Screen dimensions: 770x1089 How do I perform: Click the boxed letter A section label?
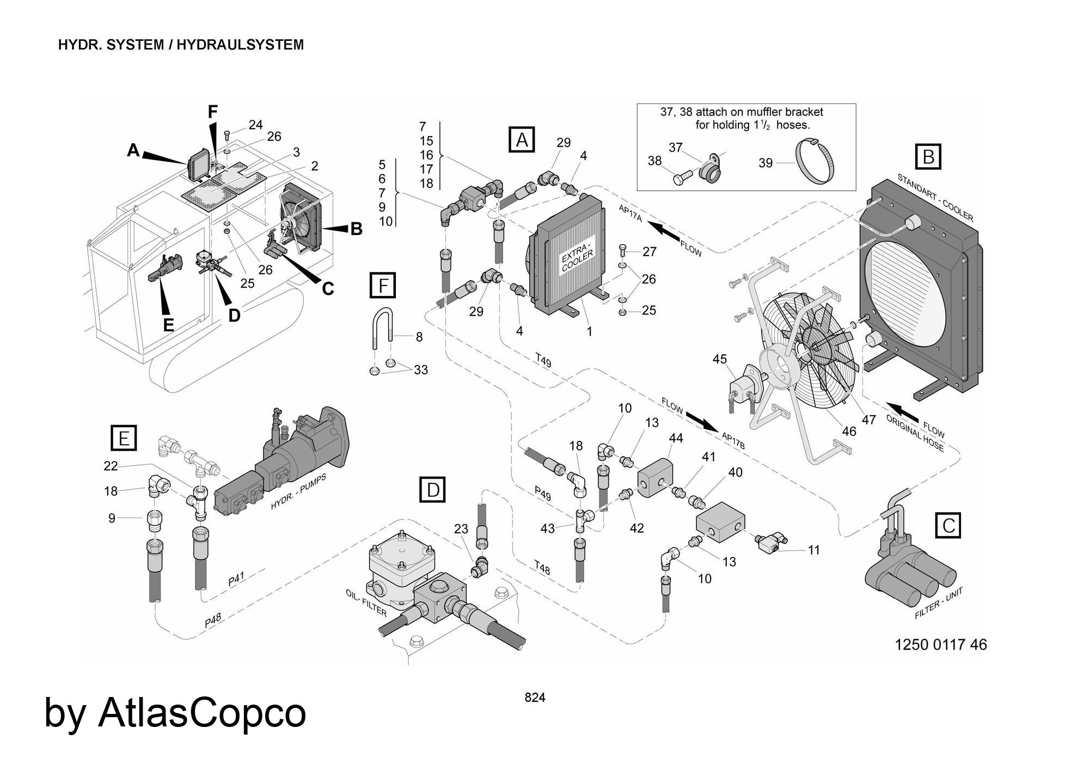[522, 140]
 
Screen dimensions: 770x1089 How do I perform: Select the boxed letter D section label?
[432, 490]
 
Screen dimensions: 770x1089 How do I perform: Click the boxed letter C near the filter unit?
[948, 526]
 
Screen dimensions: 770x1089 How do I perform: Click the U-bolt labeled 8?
[383, 330]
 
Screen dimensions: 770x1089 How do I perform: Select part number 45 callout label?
[719, 359]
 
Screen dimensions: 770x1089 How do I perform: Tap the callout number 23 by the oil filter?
[461, 529]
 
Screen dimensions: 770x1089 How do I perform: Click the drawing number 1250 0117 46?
[940, 645]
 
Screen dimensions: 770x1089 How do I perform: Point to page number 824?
[535, 698]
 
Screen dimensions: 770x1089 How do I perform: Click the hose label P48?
[213, 623]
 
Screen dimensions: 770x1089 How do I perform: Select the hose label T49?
[543, 360]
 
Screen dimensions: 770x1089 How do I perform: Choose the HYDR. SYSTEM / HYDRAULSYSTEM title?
[181, 45]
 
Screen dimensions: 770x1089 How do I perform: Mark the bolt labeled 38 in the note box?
[683, 177]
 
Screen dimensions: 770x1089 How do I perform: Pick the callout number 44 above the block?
[676, 438]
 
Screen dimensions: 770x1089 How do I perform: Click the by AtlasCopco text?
[175, 712]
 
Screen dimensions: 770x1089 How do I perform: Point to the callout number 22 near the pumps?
[111, 465]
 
